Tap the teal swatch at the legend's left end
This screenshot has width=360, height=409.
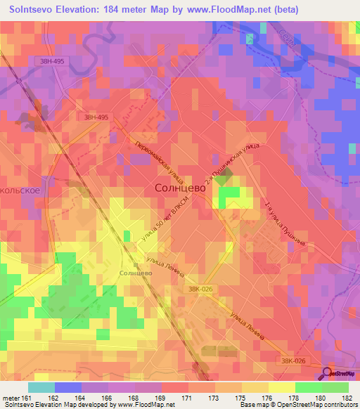[x=41, y=387]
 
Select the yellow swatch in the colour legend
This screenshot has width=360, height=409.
[x=281, y=387]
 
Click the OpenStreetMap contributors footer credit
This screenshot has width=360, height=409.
[x=316, y=405]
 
